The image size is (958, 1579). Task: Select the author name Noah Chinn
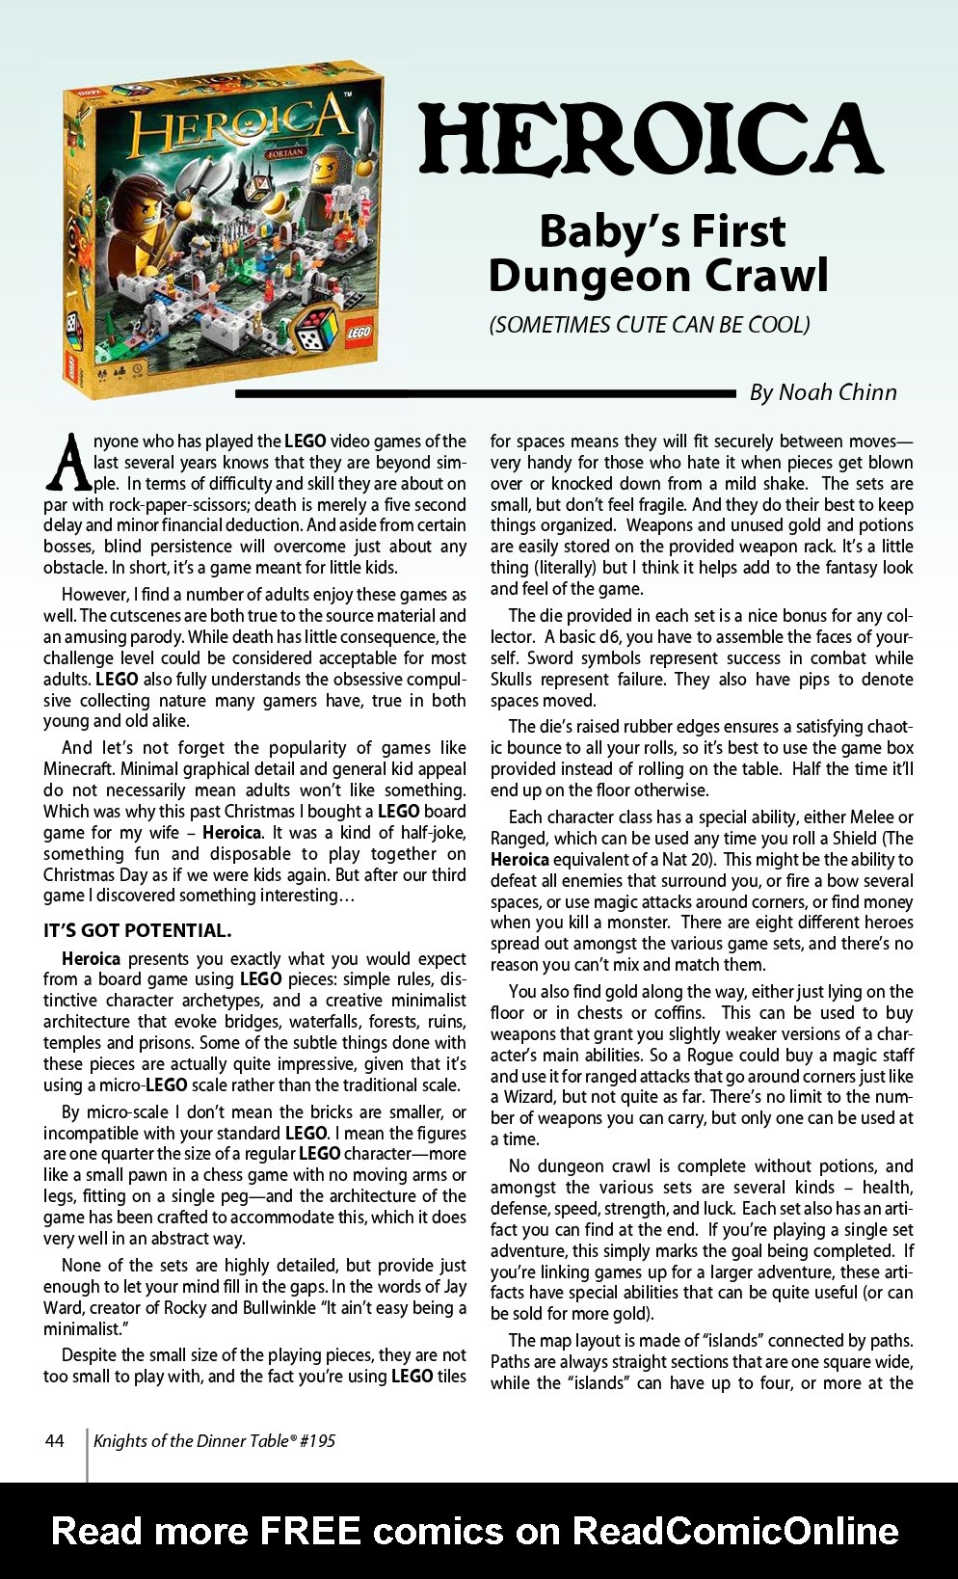(837, 392)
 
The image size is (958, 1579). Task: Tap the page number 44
(55, 1440)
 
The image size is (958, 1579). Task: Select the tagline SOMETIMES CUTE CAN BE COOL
(649, 325)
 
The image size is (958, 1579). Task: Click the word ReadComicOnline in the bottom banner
(735, 1531)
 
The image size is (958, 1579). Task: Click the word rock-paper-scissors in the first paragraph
(158, 505)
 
